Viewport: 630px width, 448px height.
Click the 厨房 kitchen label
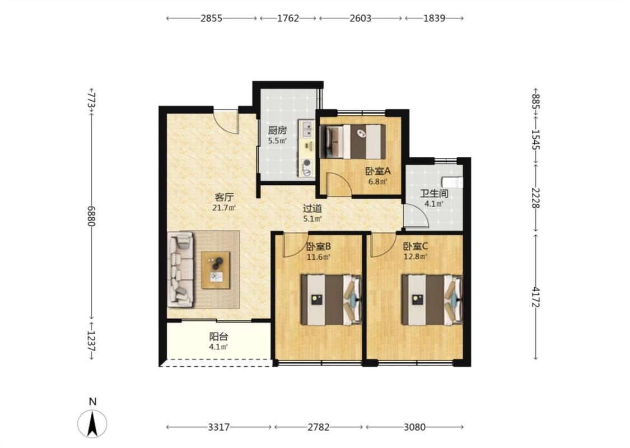277,130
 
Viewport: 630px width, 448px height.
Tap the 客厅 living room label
224,197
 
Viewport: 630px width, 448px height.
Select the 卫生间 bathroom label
434,193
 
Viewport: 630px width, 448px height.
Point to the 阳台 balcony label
218,337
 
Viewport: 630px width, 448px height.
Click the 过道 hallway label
312,208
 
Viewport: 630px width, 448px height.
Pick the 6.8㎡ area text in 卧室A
377,181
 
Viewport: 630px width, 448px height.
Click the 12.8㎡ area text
416,256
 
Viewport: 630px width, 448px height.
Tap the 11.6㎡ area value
319,256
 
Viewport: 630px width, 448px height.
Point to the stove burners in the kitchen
307,167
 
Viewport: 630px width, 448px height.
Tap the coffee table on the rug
216,270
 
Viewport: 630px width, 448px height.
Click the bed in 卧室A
353,142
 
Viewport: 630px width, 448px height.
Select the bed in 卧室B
332,300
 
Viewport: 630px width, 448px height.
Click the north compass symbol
92,424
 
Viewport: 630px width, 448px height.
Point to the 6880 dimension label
92,216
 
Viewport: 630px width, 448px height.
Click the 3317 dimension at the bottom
218,427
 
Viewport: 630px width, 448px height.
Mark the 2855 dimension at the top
211,18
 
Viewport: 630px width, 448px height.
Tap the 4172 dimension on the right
535,297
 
